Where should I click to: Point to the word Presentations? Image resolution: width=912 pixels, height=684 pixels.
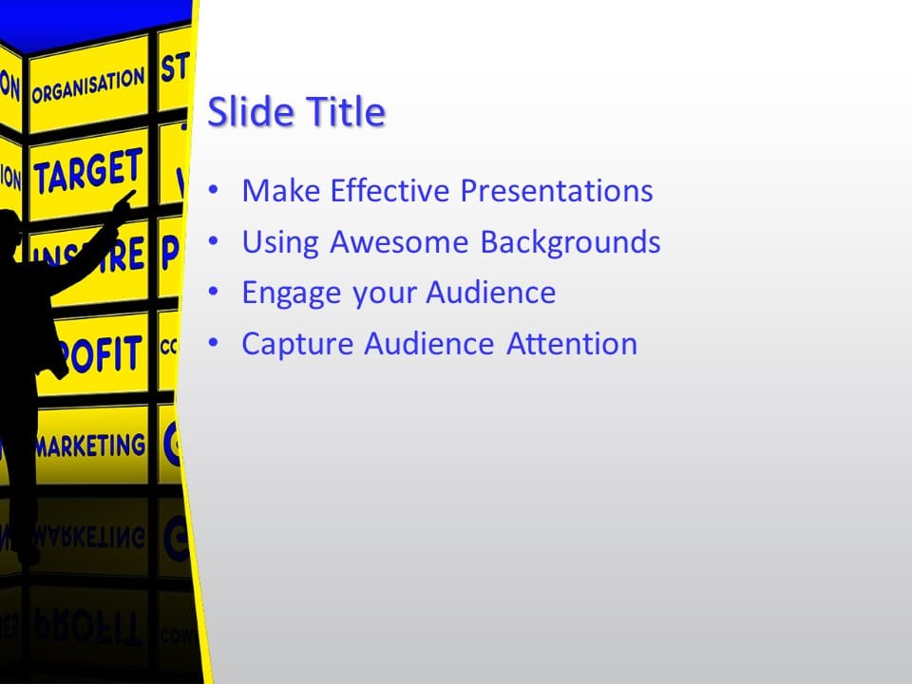coord(557,191)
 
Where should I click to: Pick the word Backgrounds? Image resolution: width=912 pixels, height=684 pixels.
coord(570,242)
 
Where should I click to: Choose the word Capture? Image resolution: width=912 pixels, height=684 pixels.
coord(298,344)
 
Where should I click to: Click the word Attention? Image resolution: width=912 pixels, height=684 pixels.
coord(572,344)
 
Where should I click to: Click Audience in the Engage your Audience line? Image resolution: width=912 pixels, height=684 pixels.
coord(490,293)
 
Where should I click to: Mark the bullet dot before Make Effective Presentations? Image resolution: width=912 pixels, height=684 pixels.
coord(215,191)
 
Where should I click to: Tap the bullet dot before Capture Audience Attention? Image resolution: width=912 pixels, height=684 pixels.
coord(215,343)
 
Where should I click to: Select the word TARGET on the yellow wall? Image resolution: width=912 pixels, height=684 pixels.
coord(88,172)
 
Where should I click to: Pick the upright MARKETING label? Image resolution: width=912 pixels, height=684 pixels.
coord(90,446)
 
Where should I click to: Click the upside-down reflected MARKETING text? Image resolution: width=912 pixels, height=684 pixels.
coord(90,537)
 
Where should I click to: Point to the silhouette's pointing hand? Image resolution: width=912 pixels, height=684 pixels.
coord(123,200)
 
